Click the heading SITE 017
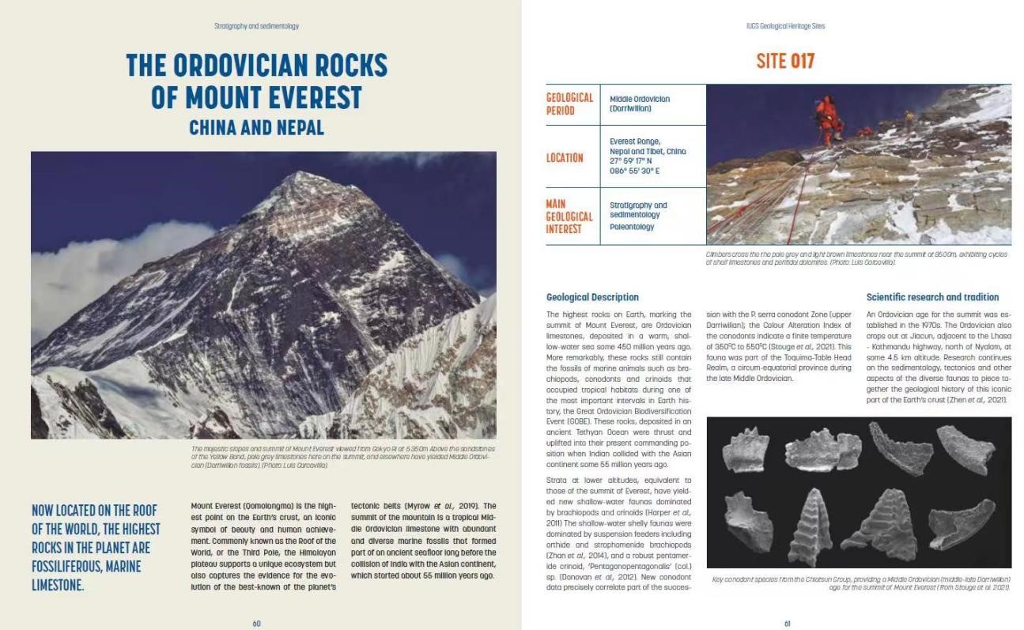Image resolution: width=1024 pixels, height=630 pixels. [x=784, y=61]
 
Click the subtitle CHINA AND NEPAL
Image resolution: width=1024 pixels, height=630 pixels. [x=256, y=127]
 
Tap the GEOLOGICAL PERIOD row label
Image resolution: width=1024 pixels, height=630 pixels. [x=569, y=104]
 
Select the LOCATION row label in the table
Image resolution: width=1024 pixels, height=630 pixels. [x=565, y=157]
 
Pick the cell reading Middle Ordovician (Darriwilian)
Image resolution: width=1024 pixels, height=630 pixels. [x=640, y=104]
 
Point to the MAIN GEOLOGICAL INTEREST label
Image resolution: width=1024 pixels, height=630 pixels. [x=569, y=217]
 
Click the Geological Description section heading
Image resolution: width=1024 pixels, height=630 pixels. [x=592, y=297]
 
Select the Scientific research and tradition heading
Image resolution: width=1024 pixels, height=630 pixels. [x=932, y=297]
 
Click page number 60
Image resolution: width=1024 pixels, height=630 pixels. [x=256, y=623]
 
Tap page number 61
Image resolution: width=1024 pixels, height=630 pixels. [x=787, y=623]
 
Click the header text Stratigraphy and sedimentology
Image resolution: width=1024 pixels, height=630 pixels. [x=256, y=26]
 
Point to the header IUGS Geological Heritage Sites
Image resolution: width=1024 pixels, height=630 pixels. [x=785, y=26]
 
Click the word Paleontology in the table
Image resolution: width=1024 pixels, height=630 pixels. [x=632, y=227]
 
